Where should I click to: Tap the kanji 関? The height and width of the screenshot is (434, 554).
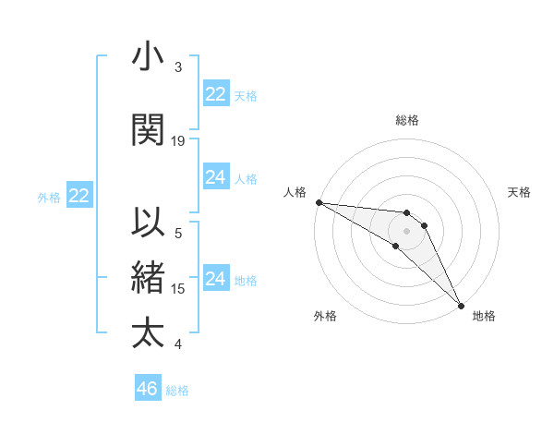pyautogui.click(x=149, y=129)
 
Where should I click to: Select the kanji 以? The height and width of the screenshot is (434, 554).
pyautogui.click(x=149, y=223)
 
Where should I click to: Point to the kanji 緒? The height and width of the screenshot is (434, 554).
pyautogui.click(x=149, y=277)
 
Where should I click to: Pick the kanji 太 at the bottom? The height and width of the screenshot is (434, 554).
pyautogui.click(x=149, y=332)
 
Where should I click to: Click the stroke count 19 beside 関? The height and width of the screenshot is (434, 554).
pyautogui.click(x=178, y=140)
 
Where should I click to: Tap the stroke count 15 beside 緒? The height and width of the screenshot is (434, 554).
pyautogui.click(x=178, y=288)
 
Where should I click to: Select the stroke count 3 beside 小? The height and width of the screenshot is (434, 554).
pyautogui.click(x=178, y=67)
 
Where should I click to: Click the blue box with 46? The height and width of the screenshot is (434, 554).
pyautogui.click(x=148, y=389)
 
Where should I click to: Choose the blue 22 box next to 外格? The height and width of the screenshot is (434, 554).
pyautogui.click(x=78, y=196)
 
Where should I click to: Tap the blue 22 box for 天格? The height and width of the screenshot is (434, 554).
pyautogui.click(x=216, y=94)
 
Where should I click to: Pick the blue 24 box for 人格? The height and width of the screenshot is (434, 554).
pyautogui.click(x=216, y=177)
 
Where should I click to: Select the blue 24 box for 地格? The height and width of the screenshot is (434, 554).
pyautogui.click(x=216, y=279)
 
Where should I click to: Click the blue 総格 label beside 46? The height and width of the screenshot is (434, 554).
pyautogui.click(x=177, y=391)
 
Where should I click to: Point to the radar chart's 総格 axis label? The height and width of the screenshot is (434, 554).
pyautogui.click(x=407, y=120)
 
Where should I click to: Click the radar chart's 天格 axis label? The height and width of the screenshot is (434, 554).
pyautogui.click(x=519, y=192)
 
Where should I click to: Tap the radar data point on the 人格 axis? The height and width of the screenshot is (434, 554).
pyautogui.click(x=319, y=202)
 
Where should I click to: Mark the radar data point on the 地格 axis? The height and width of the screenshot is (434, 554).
pyautogui.click(x=459, y=306)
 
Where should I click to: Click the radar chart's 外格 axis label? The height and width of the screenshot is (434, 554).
pyautogui.click(x=325, y=316)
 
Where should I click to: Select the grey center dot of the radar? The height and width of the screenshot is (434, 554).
pyautogui.click(x=406, y=231)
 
